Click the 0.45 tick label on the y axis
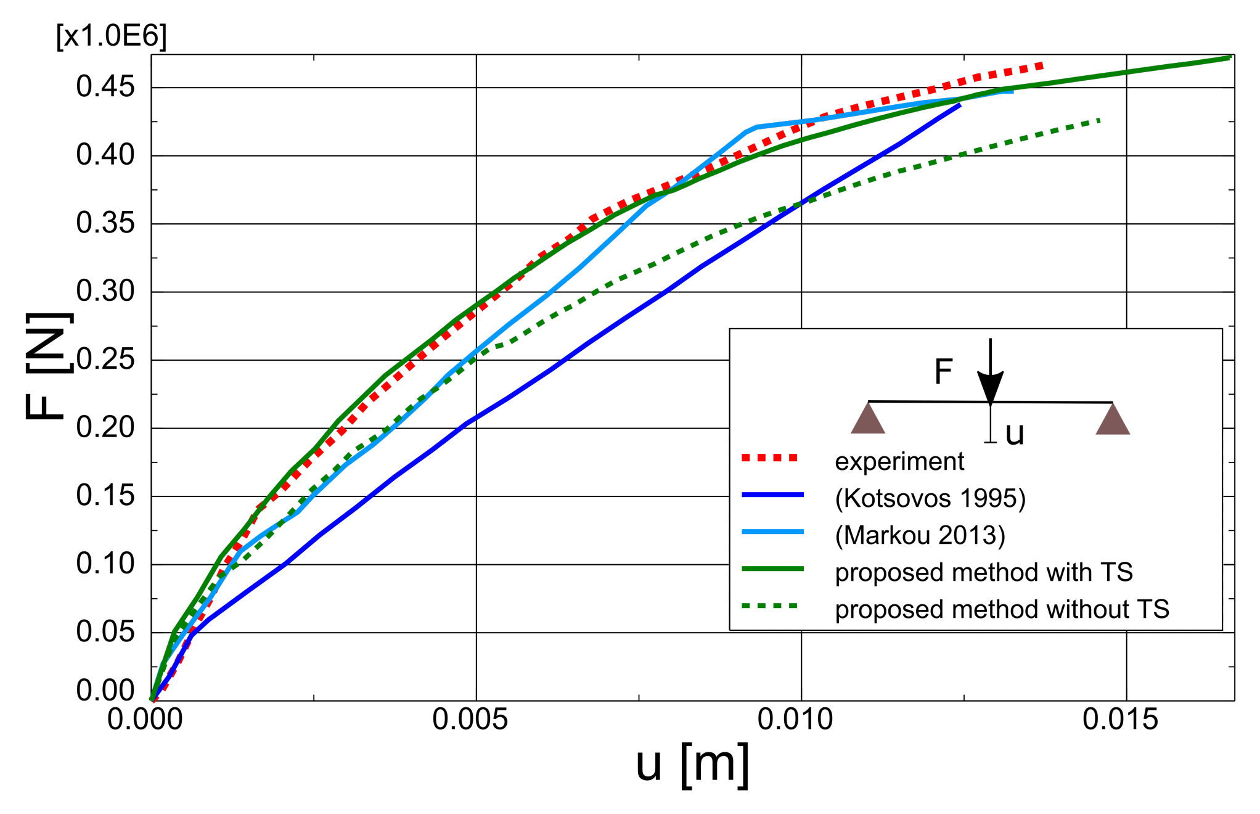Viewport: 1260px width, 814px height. point(105,87)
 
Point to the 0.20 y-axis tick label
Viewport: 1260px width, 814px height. point(105,427)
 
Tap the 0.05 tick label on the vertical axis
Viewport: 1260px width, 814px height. point(105,631)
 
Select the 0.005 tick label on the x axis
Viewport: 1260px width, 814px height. point(470,720)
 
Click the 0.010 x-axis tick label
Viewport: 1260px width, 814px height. point(795,720)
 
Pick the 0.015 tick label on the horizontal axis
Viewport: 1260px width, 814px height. point(1121,720)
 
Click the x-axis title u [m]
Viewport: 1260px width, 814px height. point(693,765)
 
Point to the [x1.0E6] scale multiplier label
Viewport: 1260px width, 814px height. point(112,36)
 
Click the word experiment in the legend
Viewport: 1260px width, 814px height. point(899,462)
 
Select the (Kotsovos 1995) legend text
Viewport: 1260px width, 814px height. point(930,498)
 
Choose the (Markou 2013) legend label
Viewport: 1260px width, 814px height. point(920,535)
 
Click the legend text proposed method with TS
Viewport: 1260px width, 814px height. point(984,572)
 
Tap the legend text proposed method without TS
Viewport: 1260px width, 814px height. point(1002,609)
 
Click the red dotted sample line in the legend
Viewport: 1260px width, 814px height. point(770,458)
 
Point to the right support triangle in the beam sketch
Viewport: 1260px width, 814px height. point(1113,419)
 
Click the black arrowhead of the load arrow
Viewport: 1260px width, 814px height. point(990,387)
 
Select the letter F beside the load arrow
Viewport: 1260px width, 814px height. point(944,372)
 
